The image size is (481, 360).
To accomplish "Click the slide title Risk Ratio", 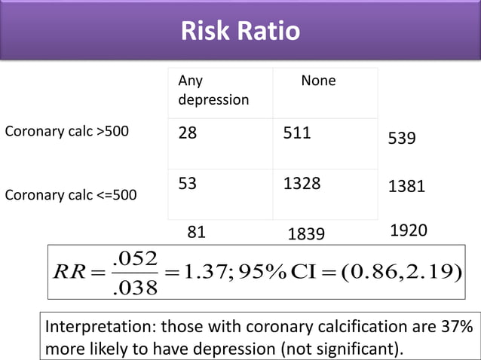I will (x=240, y=31).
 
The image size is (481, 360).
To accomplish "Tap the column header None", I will (x=318, y=81).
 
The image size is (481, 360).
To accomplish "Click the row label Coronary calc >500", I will (x=67, y=132).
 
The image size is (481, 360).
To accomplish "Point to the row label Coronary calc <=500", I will (x=72, y=195).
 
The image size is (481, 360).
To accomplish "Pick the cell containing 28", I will (x=188, y=134).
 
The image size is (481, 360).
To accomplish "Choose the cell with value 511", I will (x=296, y=134).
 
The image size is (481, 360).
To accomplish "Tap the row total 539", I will (x=402, y=139).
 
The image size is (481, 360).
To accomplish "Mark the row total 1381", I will (x=406, y=187).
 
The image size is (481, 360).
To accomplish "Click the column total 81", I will (x=196, y=233).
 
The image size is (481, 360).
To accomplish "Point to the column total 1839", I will (x=306, y=235).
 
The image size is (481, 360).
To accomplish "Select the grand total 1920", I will (x=408, y=231).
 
